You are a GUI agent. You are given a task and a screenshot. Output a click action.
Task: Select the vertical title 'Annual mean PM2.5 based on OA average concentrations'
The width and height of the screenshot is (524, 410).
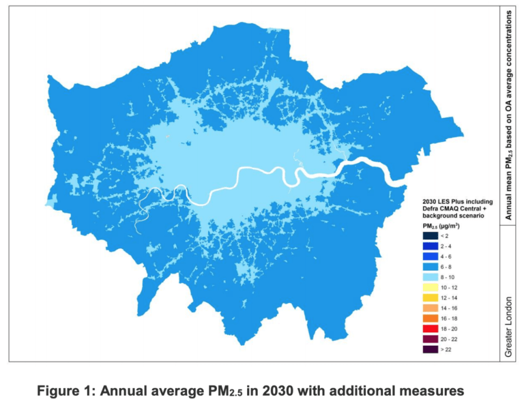point(509,116)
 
